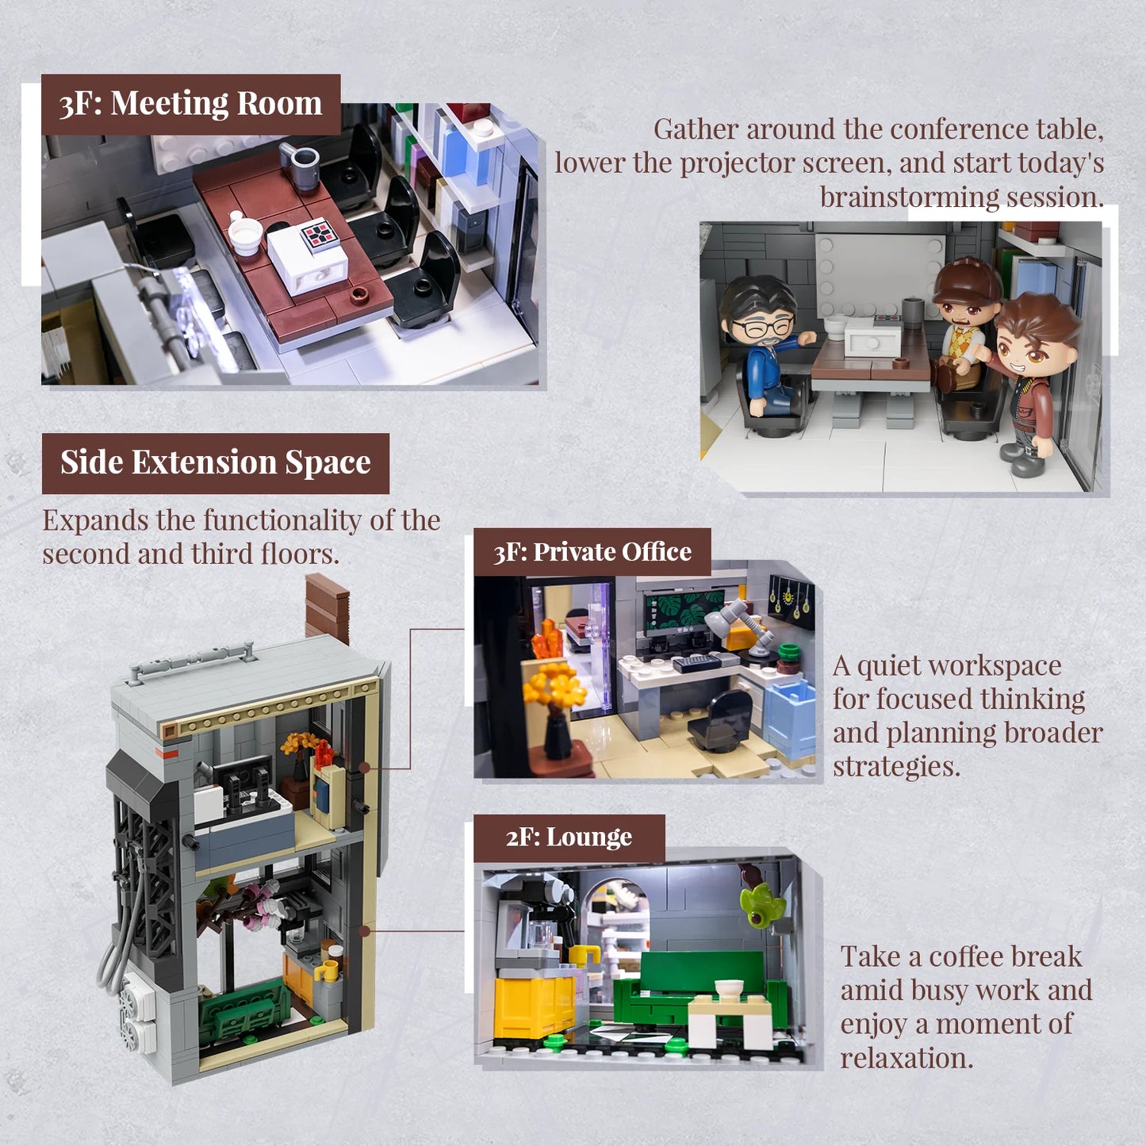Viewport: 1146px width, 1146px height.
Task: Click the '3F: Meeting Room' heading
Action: [190, 104]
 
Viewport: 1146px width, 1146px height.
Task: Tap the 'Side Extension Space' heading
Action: [215, 462]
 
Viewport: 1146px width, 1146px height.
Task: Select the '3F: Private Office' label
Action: [592, 552]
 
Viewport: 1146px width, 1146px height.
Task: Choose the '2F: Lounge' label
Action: [569, 837]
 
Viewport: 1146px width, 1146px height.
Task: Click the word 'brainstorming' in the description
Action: [910, 197]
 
